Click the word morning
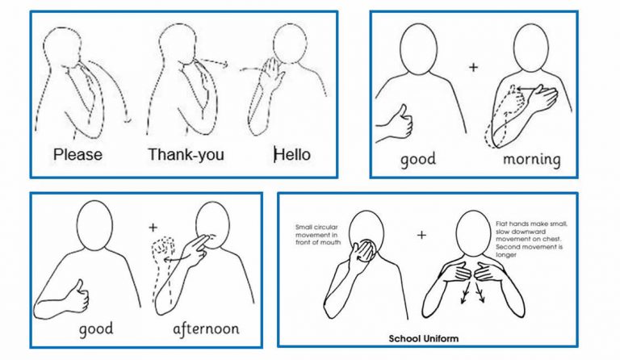point(531,158)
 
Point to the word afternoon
point(205,330)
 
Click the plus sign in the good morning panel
point(473,66)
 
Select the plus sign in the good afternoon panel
point(153,228)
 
